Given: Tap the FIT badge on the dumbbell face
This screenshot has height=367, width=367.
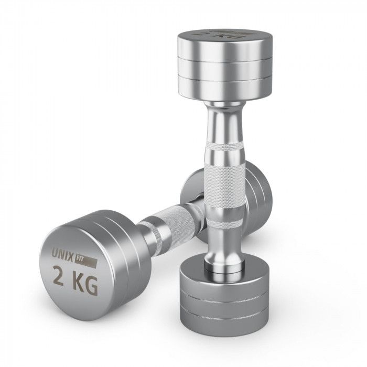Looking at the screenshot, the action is pos(85,262).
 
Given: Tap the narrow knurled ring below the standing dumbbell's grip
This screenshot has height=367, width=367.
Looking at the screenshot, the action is pos(225,223).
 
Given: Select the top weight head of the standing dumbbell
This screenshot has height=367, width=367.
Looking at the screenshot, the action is pos(225,66).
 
